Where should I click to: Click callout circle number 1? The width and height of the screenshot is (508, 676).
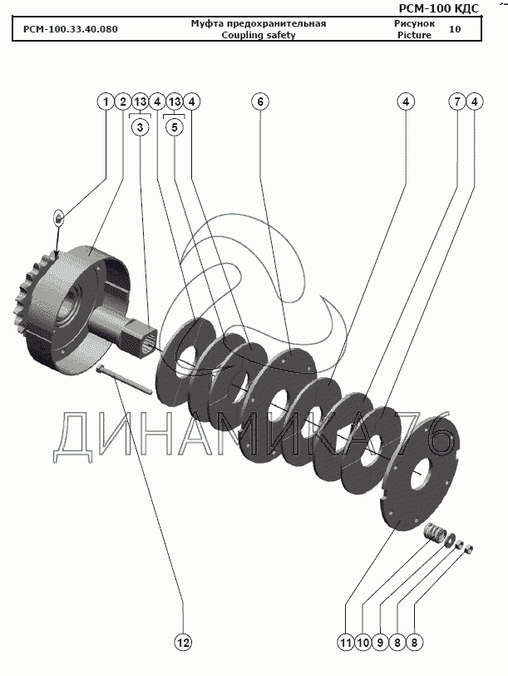tap(106, 102)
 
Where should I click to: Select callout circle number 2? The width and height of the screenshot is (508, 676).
tap(123, 102)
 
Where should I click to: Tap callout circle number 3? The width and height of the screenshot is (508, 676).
tap(140, 127)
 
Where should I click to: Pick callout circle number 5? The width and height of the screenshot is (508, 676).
tap(175, 127)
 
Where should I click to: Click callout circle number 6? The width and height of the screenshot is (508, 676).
tap(260, 102)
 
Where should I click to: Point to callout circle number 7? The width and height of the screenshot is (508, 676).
tap(457, 102)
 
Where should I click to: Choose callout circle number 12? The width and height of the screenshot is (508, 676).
tap(183, 643)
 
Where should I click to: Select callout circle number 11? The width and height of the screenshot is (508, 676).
tap(346, 643)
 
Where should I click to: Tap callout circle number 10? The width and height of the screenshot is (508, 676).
tap(363, 643)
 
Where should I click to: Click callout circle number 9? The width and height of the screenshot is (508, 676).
tap(380, 643)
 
